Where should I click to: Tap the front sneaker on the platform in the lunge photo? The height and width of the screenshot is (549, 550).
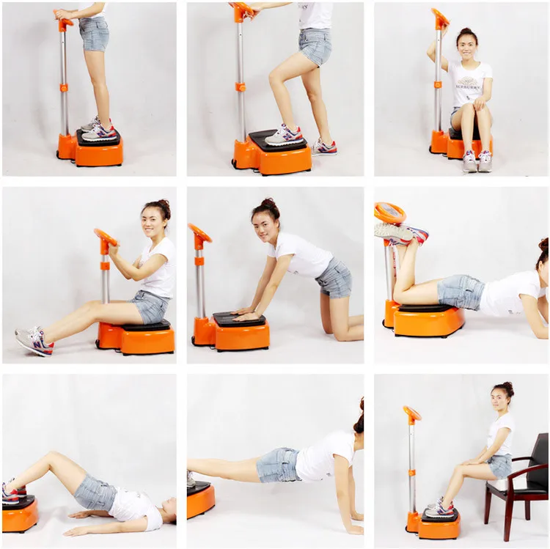pos(284,136)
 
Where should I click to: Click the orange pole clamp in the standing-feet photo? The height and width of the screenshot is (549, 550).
pos(64,88)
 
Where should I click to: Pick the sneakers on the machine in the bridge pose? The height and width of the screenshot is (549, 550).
pos(12,492)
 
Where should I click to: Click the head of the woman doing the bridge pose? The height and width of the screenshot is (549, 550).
pos(167,510)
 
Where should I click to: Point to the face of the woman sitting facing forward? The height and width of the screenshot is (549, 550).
pos(467,47)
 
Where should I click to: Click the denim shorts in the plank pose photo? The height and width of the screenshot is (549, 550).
pos(279,465)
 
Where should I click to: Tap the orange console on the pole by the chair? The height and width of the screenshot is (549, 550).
pos(412,413)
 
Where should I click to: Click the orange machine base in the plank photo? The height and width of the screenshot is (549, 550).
pos(200,500)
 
